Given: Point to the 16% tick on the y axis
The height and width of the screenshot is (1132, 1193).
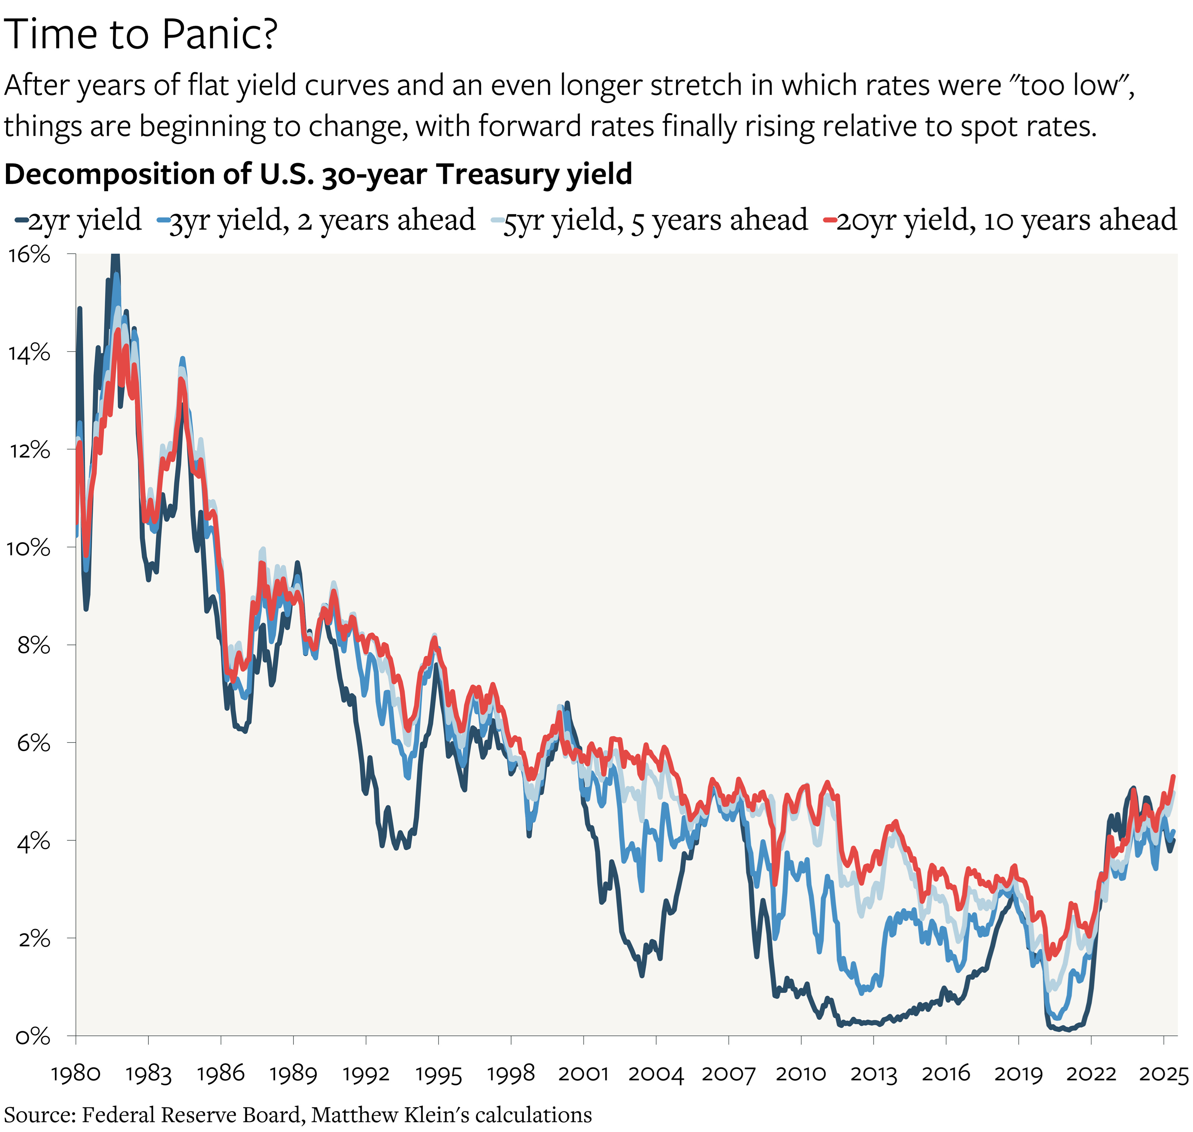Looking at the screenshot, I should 29,255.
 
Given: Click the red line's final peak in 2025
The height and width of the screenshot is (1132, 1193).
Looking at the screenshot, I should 1173,777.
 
